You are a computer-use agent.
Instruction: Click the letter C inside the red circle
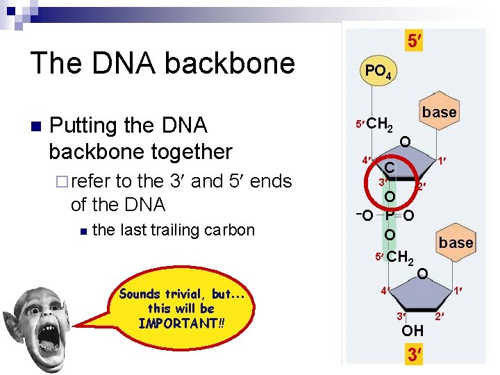point(390,167)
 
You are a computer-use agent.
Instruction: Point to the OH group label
point(412,331)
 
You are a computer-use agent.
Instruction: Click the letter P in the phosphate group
point(390,215)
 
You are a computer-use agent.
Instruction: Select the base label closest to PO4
point(439,112)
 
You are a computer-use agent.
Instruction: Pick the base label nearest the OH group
point(456,243)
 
